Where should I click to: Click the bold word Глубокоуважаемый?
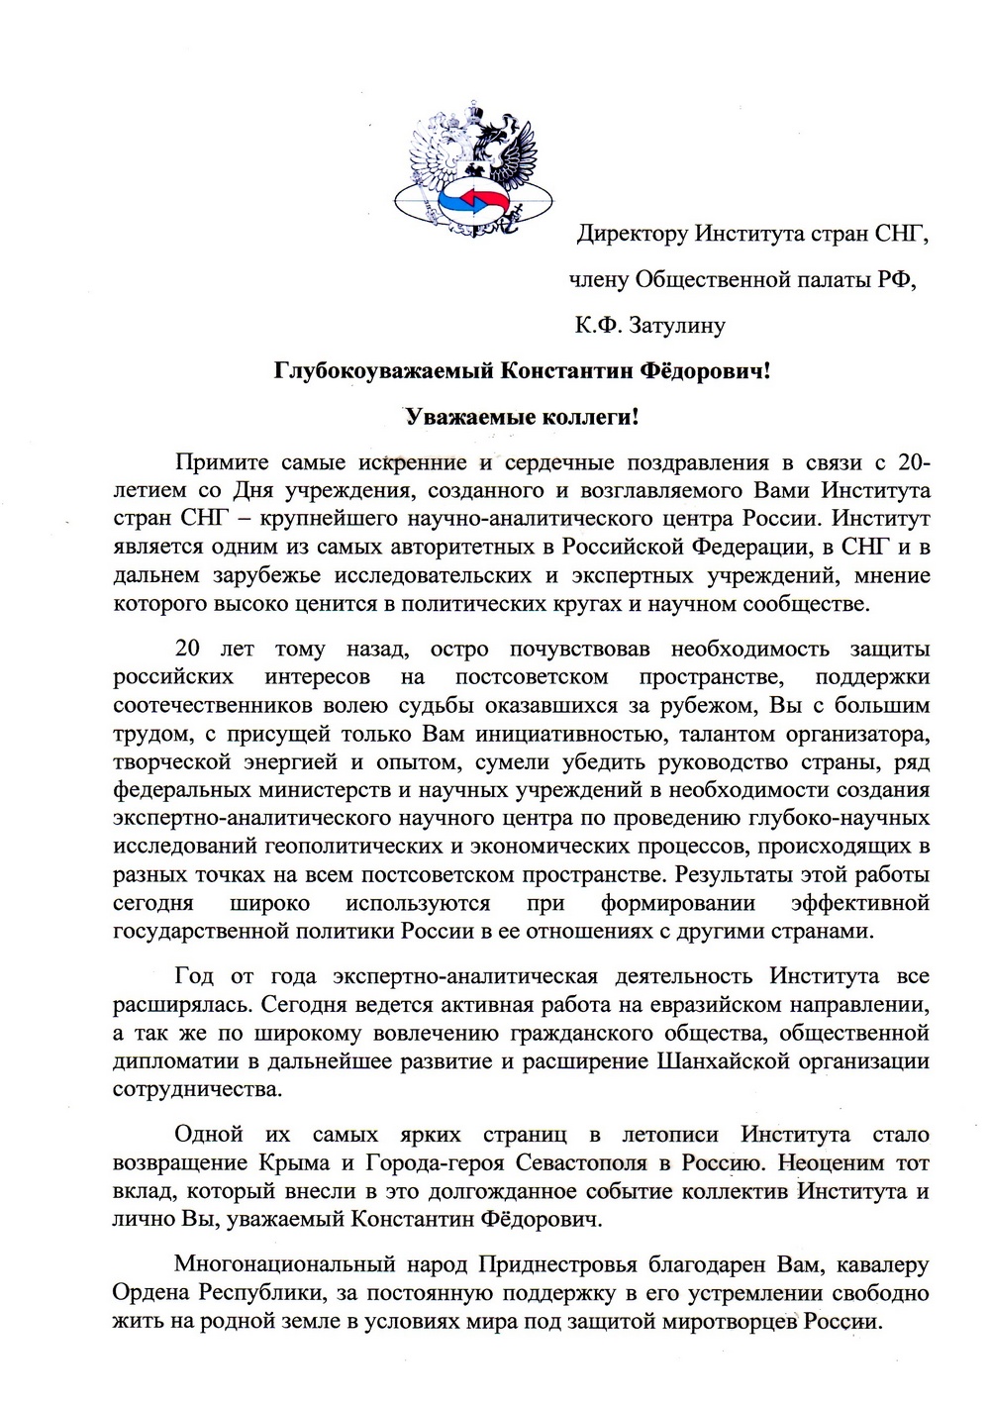(385, 371)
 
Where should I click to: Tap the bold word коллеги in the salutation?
(591, 417)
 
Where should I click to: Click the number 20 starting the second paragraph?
(187, 650)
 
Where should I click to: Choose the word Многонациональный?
(283, 1264)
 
